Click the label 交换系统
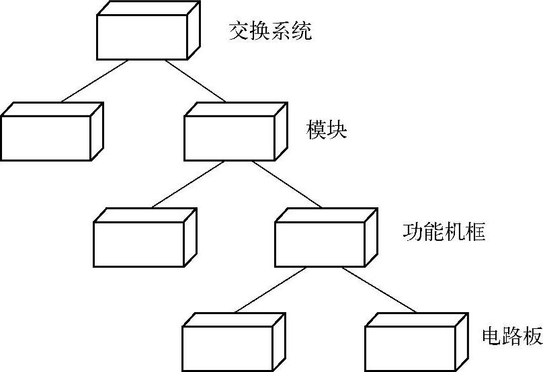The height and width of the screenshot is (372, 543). [270, 32]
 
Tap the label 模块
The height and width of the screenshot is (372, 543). [327, 129]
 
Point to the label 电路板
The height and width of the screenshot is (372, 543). [512, 337]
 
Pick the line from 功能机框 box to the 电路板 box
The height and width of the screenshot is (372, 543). [380, 289]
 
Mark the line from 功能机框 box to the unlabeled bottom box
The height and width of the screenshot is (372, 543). [270, 290]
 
